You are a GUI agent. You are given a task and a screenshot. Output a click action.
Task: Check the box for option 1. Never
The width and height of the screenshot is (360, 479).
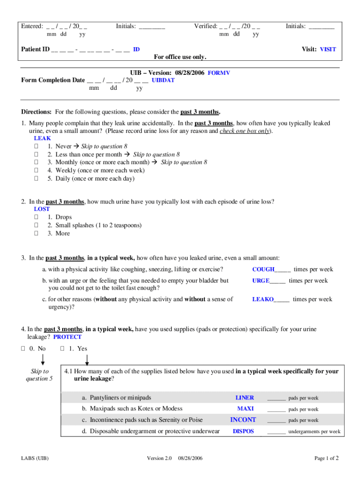(36, 146)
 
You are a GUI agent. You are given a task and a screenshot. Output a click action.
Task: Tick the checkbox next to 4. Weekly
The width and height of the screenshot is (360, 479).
(36, 171)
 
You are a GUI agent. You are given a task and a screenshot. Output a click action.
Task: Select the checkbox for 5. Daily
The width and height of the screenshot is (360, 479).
(36, 179)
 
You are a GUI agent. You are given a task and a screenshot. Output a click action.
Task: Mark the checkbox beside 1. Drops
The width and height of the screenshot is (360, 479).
(36, 218)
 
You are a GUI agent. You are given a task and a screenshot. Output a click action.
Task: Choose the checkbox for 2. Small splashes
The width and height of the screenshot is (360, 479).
(36, 225)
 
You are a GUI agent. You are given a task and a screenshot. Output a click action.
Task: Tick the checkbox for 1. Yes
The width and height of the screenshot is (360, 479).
(63, 348)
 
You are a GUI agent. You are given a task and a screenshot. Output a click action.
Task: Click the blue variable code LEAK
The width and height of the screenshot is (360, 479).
(43, 138)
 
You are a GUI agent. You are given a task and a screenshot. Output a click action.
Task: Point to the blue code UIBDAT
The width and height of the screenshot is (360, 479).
(163, 80)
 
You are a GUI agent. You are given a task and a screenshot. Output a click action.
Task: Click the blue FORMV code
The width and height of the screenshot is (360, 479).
(219, 73)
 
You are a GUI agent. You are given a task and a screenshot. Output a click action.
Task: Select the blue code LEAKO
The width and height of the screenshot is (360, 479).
(263, 299)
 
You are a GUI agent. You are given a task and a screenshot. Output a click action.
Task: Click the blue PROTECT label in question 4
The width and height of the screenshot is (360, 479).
(67, 337)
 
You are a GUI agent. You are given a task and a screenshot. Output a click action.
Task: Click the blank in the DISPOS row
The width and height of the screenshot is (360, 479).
(276, 432)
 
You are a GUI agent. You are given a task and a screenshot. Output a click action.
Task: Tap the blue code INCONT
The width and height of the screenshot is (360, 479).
(243, 420)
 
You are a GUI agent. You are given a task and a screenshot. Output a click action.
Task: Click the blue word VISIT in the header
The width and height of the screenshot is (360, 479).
(328, 49)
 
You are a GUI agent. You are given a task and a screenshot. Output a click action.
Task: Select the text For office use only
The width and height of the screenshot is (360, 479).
(180, 57)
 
